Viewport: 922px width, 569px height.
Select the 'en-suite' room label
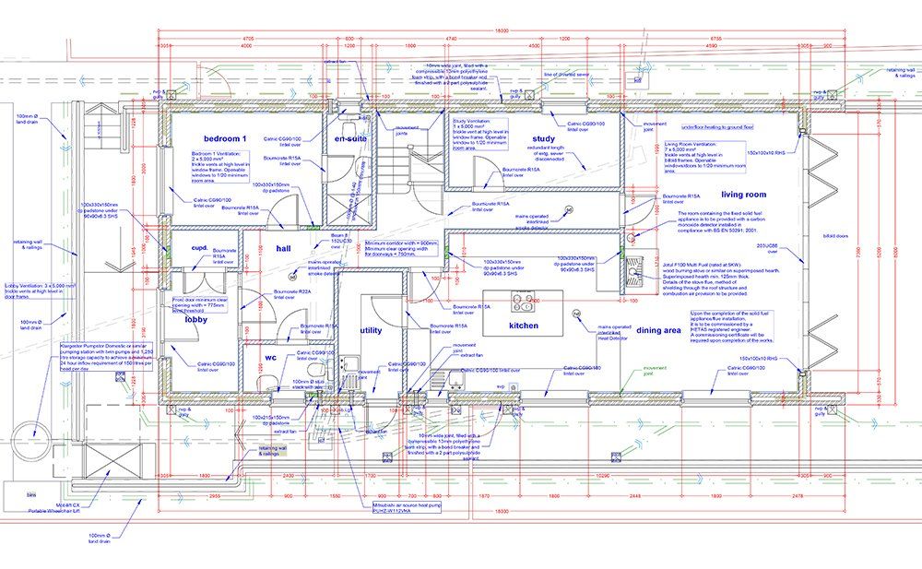(x=351, y=138)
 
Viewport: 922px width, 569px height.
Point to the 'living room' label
(x=743, y=195)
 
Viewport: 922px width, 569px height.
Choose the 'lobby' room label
(x=195, y=320)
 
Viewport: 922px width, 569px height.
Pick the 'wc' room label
(x=271, y=356)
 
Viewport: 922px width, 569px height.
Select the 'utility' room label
(x=372, y=329)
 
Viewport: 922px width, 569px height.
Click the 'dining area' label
(x=659, y=329)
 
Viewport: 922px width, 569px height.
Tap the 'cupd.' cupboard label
(x=198, y=248)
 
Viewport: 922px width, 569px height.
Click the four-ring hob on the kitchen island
(x=524, y=302)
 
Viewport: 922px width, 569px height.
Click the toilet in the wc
(x=264, y=383)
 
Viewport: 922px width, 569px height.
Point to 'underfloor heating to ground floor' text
(x=718, y=127)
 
